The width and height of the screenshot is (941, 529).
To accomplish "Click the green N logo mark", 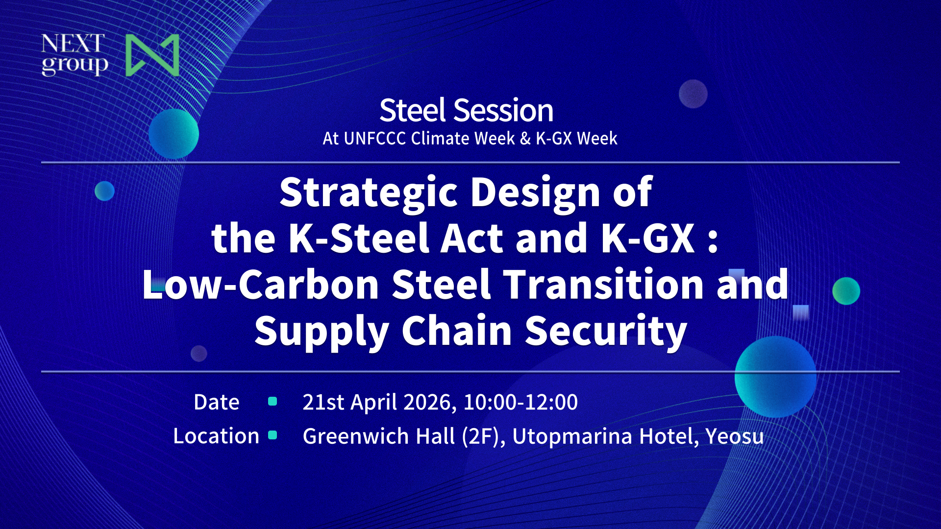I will tap(152, 55).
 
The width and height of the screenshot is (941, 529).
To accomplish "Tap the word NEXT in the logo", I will tap(73, 44).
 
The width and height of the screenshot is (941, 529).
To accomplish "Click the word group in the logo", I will tap(74, 65).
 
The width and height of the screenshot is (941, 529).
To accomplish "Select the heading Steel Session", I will tap(466, 110).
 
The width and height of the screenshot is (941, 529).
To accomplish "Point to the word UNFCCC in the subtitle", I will tap(375, 139).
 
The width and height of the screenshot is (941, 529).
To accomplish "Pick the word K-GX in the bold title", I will tap(648, 238).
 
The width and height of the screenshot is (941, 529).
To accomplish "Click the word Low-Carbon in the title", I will tap(260, 284).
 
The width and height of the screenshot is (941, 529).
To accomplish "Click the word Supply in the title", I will tap(322, 331).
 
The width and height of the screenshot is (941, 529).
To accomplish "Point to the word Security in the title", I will tap(606, 331).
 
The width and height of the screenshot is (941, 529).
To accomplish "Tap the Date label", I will tap(216, 402).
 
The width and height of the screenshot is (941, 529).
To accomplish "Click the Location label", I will tap(216, 436).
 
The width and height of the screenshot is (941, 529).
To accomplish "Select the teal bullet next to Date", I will tap(273, 402).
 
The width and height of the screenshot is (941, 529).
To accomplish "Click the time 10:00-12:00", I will tap(520, 402).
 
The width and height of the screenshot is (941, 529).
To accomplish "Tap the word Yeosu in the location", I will tap(734, 436).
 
